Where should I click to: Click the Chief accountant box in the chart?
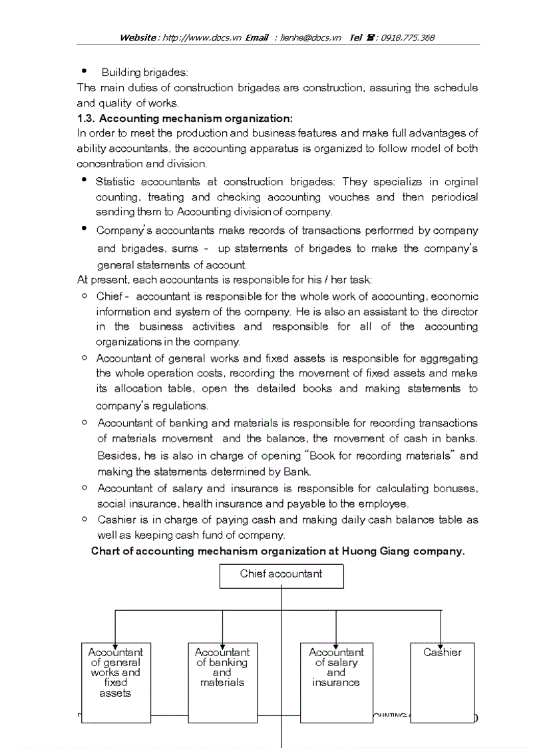281,576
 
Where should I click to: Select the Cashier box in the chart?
442,682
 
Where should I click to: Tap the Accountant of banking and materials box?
222,682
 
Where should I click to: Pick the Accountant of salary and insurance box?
336,682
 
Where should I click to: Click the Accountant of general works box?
116,682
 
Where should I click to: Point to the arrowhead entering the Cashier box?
441,639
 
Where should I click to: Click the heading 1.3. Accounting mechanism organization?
184,119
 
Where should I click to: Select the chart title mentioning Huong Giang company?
277,552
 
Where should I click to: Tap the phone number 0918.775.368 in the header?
407,38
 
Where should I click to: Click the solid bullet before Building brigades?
84,71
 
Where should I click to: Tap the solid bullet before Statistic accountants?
84,181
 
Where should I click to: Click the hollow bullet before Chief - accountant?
85,296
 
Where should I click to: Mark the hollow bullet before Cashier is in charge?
85,520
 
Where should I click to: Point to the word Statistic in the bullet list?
114,182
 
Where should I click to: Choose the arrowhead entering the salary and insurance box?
336,639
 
